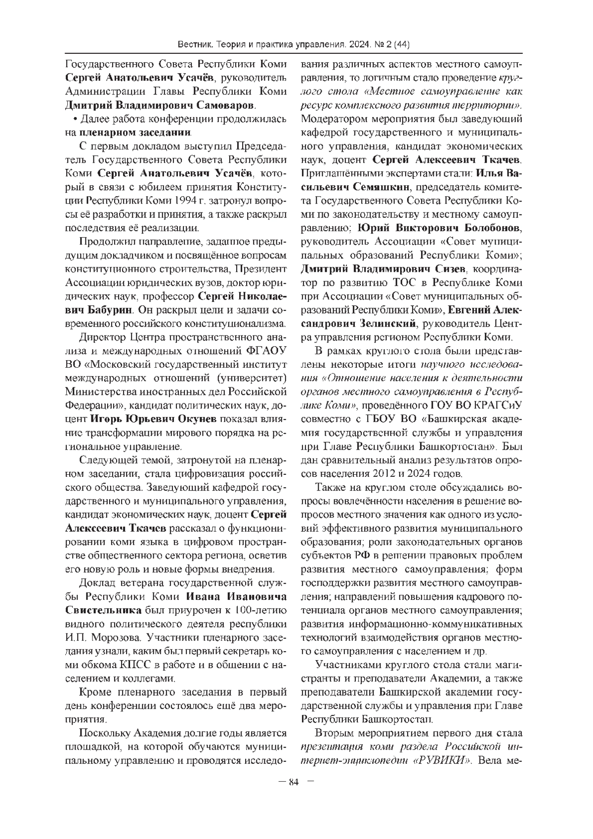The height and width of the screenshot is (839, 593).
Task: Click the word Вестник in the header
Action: coord(195,45)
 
